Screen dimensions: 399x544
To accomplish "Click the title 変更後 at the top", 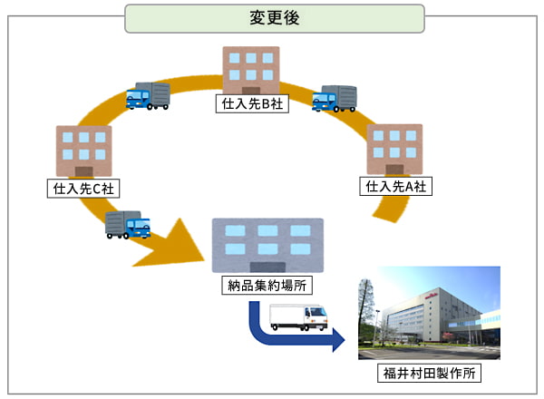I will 274,18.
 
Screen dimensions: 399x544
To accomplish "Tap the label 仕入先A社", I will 396,186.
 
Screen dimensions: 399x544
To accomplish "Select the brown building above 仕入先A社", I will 394,149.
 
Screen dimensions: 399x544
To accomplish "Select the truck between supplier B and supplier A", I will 335,98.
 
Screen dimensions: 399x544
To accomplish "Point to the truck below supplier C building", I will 128,224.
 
